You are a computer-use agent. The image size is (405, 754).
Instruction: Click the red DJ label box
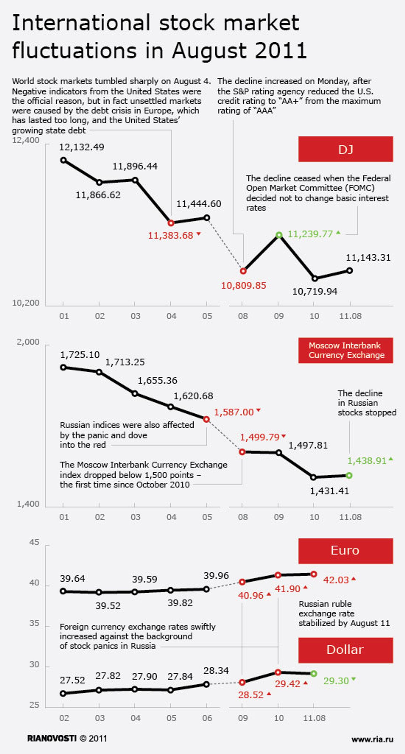click(x=345, y=149)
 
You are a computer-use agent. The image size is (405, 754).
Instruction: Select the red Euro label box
click(x=345, y=551)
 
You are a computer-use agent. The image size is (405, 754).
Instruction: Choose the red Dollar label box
click(x=345, y=650)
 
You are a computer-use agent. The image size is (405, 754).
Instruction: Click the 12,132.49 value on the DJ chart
click(x=82, y=147)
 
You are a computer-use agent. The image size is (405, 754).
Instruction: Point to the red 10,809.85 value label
click(x=243, y=285)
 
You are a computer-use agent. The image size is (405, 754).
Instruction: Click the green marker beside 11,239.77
click(x=279, y=235)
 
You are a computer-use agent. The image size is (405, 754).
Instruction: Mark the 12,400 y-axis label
click(x=26, y=140)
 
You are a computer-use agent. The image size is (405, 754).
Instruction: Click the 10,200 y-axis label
click(x=26, y=303)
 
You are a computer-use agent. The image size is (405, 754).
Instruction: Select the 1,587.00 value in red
click(x=234, y=412)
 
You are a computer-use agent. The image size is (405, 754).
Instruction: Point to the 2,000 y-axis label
click(x=28, y=342)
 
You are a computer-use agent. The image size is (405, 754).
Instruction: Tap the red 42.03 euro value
click(x=336, y=580)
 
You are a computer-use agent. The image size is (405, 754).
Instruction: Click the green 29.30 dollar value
click(x=336, y=681)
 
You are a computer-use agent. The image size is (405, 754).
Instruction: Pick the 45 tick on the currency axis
click(x=34, y=542)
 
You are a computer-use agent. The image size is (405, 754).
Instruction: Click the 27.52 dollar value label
click(x=72, y=680)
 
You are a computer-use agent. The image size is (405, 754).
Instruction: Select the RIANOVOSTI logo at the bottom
click(x=52, y=738)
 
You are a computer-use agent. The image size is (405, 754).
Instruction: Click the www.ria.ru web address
click(x=372, y=739)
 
